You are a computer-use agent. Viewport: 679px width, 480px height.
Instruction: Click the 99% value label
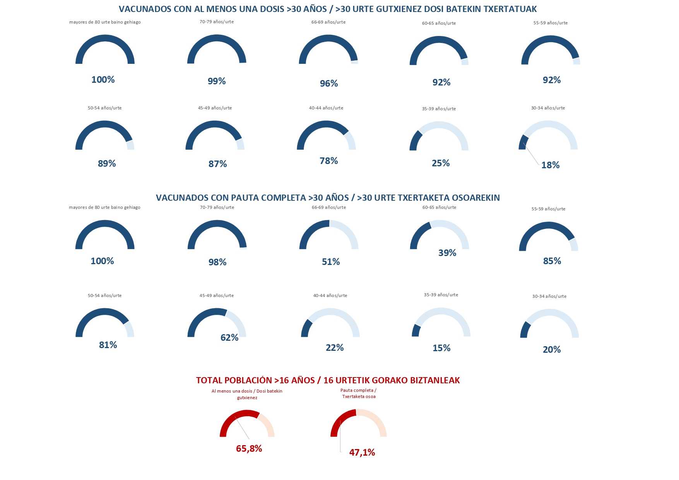[217, 81]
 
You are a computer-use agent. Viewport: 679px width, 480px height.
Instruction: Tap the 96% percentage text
[329, 84]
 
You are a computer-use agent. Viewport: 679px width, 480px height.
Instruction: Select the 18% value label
[551, 165]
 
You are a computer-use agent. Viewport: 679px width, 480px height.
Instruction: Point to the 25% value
[441, 163]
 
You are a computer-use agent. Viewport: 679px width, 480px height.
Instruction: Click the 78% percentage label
[329, 161]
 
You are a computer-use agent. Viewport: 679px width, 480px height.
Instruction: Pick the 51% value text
[331, 262]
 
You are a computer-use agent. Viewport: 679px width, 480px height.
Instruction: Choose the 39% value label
[447, 253]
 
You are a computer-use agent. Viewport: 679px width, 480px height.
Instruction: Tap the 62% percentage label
[229, 338]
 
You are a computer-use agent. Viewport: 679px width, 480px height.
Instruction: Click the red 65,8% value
[249, 449]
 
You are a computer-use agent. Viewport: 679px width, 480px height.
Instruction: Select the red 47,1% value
[362, 453]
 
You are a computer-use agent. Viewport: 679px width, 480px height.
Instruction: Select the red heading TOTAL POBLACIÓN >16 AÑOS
[255, 380]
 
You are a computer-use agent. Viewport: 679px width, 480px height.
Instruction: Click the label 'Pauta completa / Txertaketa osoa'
[359, 393]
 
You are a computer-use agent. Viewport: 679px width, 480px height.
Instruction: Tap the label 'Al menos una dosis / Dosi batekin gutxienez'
[247, 395]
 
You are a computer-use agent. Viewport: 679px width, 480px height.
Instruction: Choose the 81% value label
[108, 345]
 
